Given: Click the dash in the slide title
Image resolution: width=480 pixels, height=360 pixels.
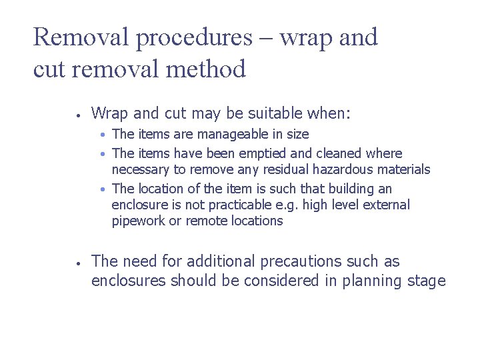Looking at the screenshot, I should coord(265,39).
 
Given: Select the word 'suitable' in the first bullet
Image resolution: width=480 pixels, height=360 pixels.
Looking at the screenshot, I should coord(259,114).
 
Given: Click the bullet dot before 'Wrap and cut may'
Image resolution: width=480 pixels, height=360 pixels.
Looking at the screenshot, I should coord(79,115).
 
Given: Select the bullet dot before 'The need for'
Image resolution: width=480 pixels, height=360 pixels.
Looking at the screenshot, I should coord(79,263).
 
